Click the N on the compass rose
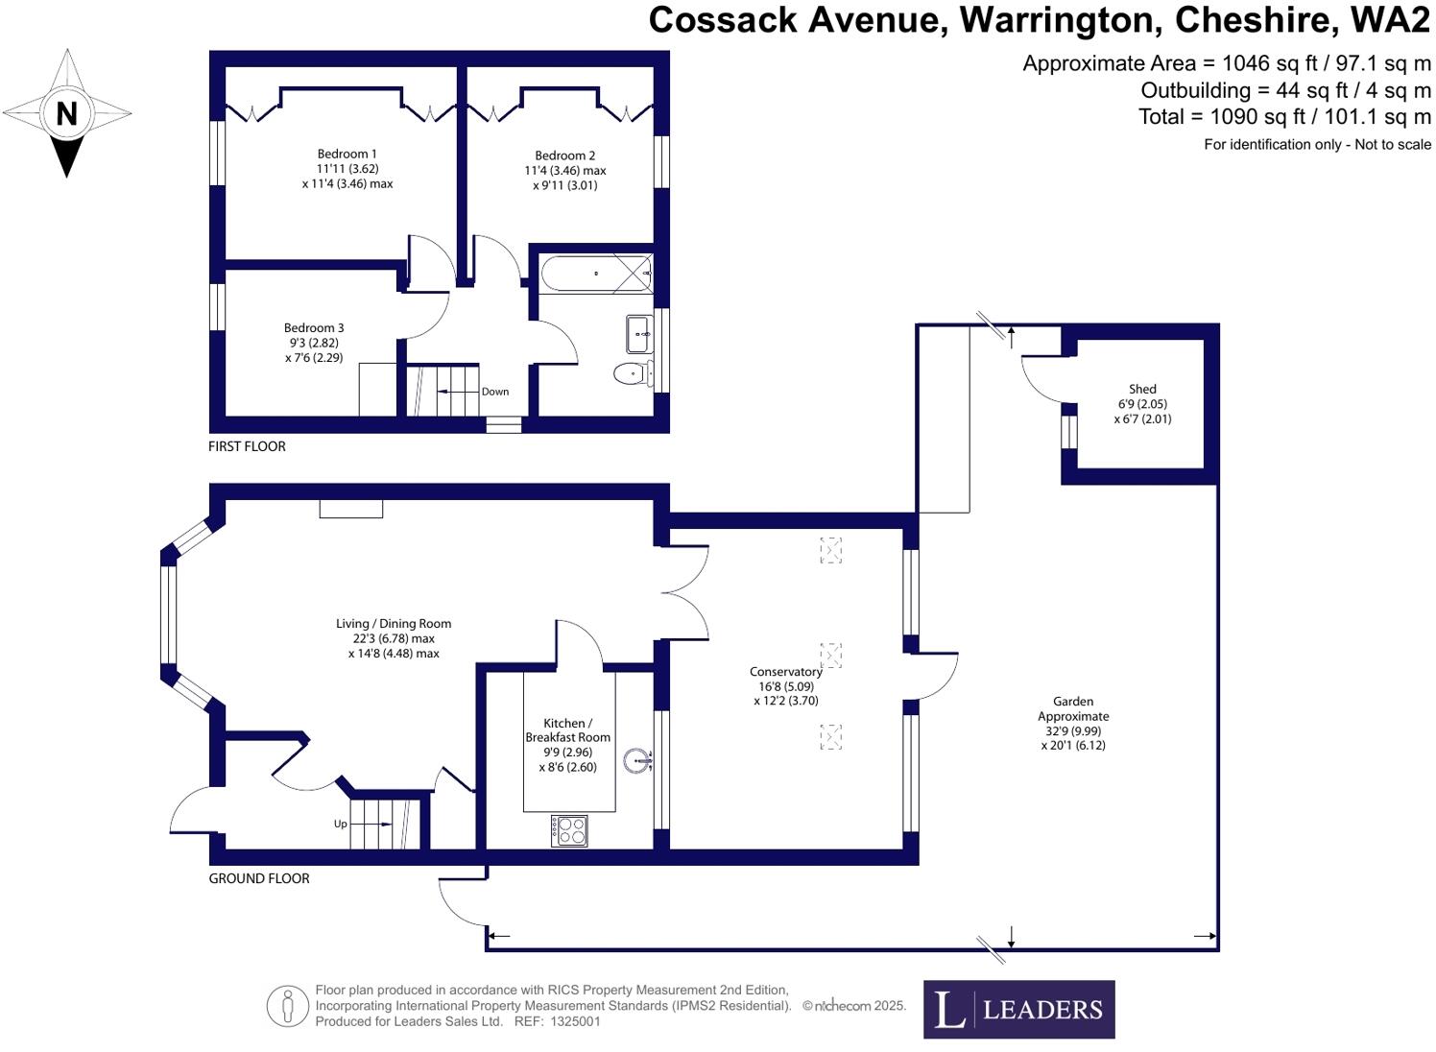(66, 113)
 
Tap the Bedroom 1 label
(347, 154)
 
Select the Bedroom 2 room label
(564, 155)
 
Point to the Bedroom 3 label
(314, 328)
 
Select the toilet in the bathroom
(631, 372)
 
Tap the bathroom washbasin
(638, 334)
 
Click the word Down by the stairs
(495, 392)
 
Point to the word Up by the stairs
(340, 824)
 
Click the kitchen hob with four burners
(569, 830)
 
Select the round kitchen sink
(636, 762)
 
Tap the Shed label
(1142, 389)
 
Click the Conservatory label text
(785, 672)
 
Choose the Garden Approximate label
(1073, 708)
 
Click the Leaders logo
(1018, 1009)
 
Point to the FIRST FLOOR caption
(247, 446)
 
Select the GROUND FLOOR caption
(259, 878)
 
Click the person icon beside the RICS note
(287, 1006)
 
